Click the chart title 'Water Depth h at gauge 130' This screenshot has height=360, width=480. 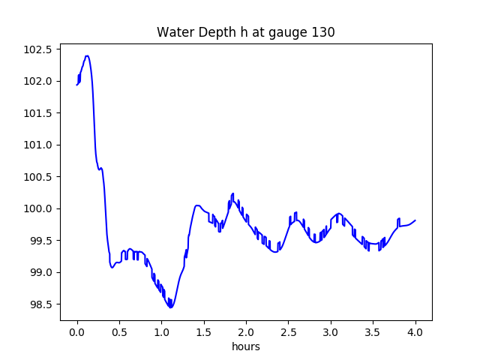click(x=245, y=32)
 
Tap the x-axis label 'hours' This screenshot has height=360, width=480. click(x=245, y=347)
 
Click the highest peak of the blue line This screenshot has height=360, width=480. click(x=87, y=55)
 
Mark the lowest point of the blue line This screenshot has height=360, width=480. click(x=171, y=307)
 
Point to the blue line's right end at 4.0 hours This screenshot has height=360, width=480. click(x=415, y=220)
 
